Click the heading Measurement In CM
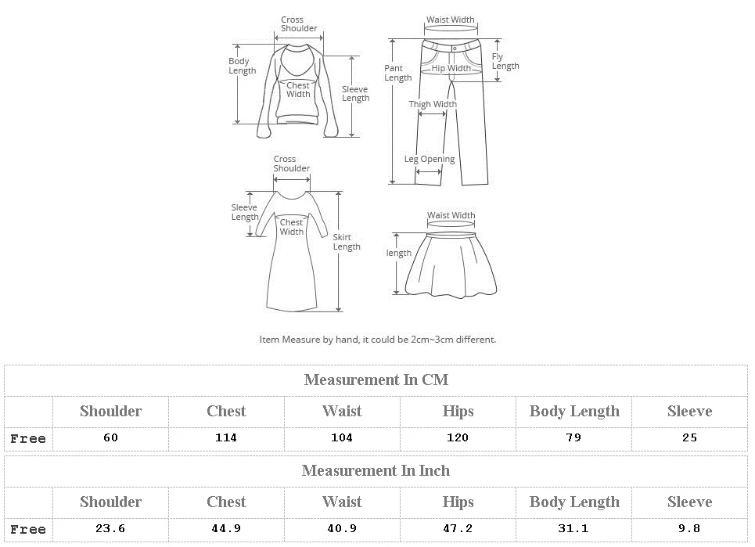click(x=376, y=380)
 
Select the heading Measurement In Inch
click(x=376, y=471)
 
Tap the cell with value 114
click(x=226, y=438)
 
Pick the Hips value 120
click(x=458, y=438)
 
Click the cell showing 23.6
click(x=110, y=529)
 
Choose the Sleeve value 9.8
click(x=689, y=529)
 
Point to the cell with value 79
click(x=573, y=438)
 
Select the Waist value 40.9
click(x=342, y=529)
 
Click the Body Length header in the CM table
click(x=574, y=412)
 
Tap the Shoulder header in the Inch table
click(x=110, y=502)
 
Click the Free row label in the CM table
click(x=28, y=439)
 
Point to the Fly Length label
click(x=505, y=61)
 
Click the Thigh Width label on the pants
click(x=433, y=104)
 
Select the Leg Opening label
click(x=430, y=160)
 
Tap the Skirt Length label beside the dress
click(x=347, y=242)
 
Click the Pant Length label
click(x=397, y=73)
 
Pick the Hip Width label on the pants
click(x=451, y=69)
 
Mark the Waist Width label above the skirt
click(x=451, y=215)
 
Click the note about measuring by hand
click(x=377, y=340)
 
